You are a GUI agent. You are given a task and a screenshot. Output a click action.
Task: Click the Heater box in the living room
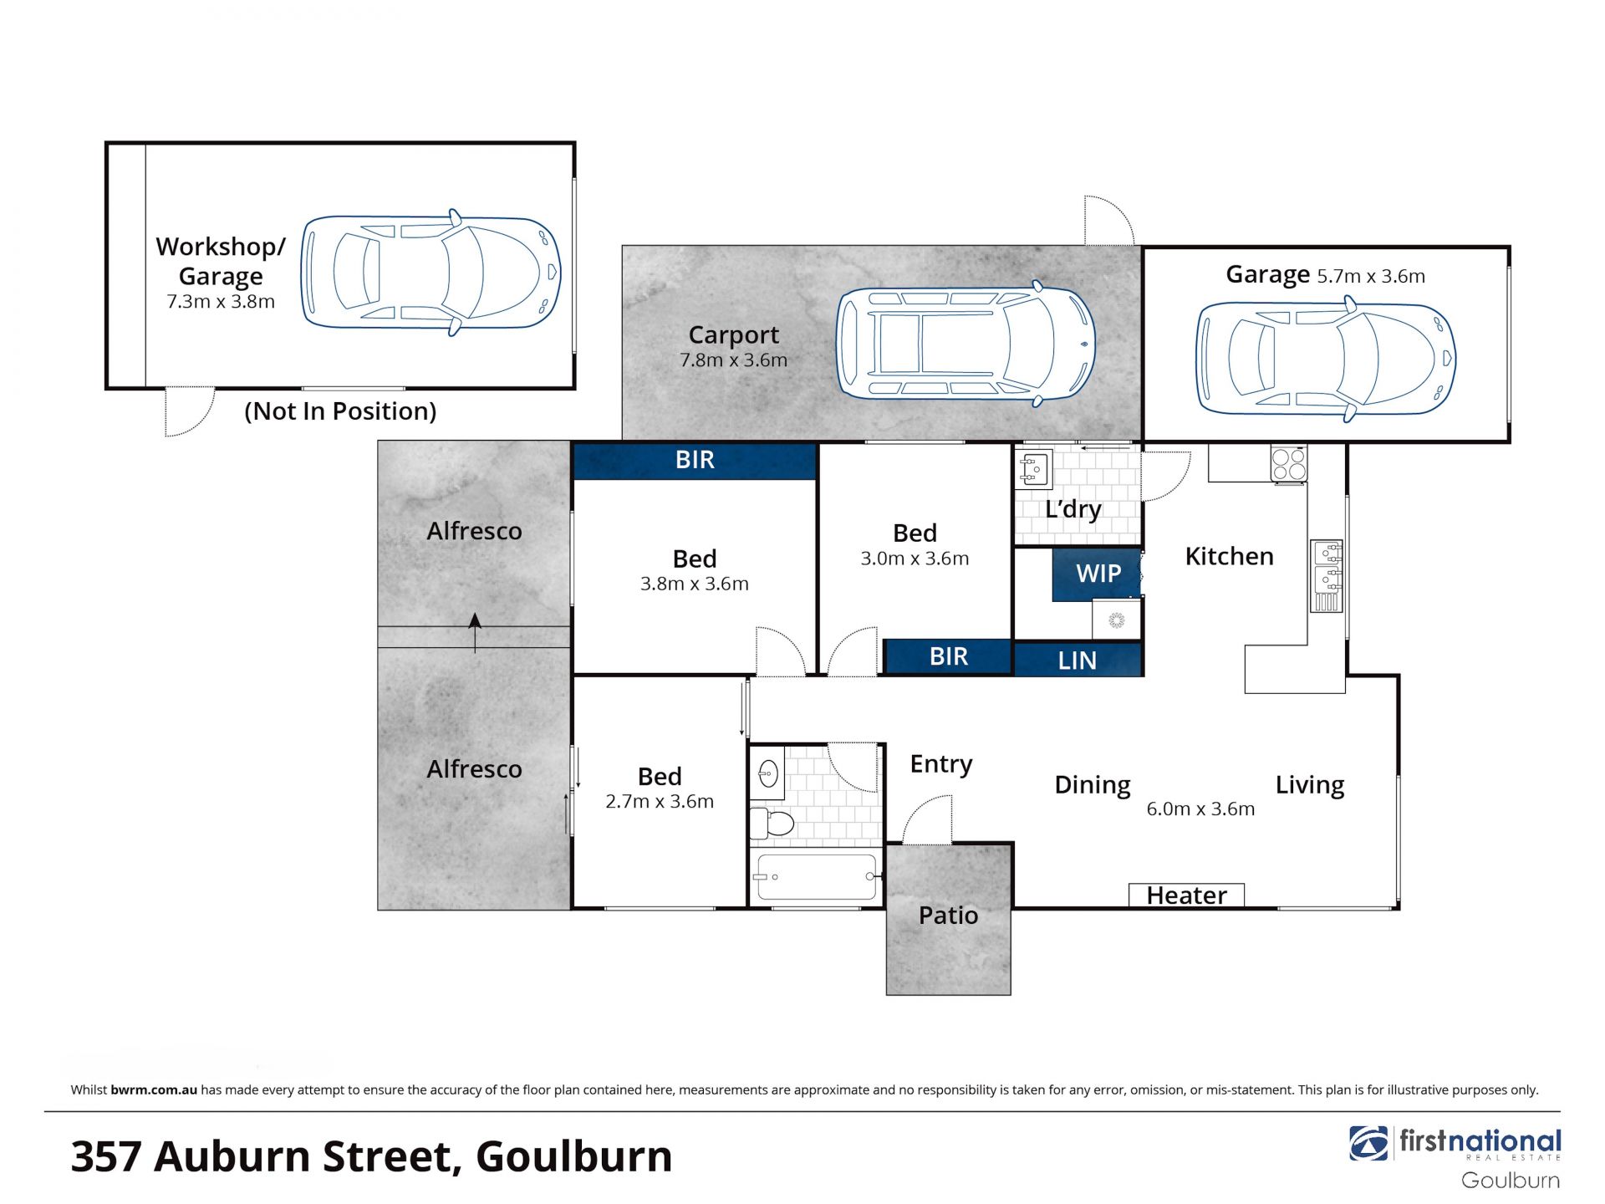[1186, 895]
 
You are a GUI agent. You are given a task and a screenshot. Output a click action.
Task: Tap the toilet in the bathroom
[771, 823]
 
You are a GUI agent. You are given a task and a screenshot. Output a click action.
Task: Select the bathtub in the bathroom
[816, 876]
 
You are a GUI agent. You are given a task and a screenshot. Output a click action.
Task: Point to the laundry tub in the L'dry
[1035, 470]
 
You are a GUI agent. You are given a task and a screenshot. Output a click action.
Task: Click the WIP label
[1098, 574]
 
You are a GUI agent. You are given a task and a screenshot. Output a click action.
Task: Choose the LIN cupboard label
[1077, 661]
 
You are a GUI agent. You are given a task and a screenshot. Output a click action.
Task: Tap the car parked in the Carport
[966, 344]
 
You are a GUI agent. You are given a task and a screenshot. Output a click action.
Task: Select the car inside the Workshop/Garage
[431, 273]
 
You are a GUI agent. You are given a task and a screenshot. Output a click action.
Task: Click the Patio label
[948, 916]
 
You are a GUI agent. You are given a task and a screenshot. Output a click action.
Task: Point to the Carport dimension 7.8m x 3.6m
[733, 360]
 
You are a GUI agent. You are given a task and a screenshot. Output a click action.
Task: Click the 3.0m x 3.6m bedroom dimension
[915, 559]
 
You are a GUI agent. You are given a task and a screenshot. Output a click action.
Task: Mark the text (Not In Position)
[340, 411]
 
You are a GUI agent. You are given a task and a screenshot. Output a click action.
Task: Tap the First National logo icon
[1369, 1144]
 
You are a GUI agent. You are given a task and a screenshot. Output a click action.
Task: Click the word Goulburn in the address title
[573, 1157]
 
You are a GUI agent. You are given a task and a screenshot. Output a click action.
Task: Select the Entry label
[941, 764]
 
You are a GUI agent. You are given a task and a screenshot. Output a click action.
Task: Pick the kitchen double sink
[1327, 576]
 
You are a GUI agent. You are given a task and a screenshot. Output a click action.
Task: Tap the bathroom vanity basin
[767, 774]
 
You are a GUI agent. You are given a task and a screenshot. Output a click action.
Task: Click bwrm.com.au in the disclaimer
[154, 1089]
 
